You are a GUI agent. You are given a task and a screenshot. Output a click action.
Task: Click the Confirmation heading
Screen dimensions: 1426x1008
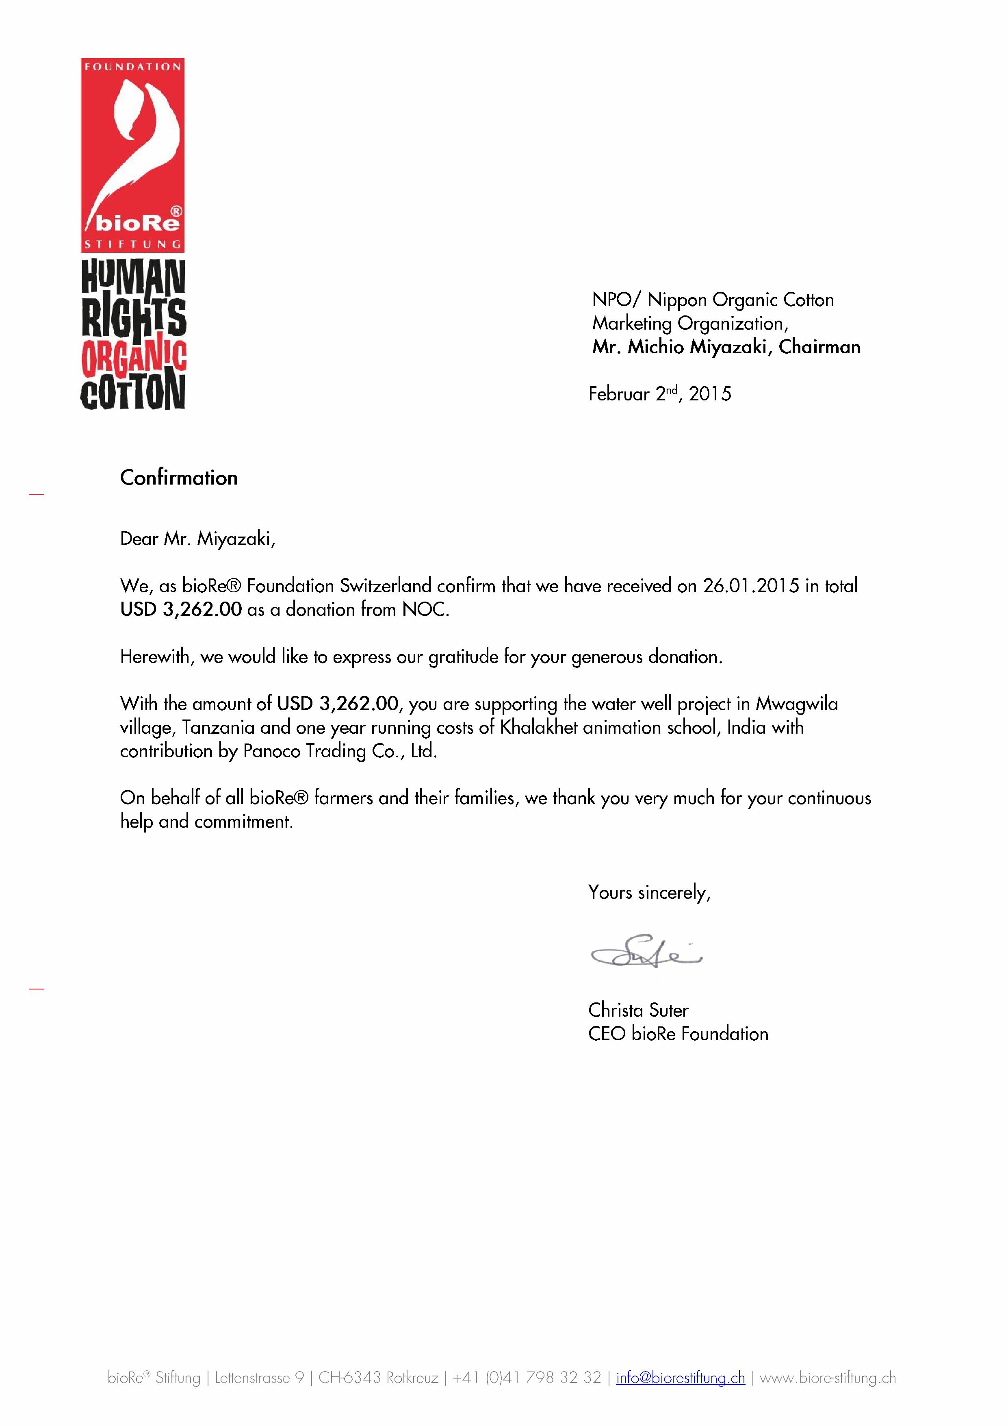[x=179, y=478]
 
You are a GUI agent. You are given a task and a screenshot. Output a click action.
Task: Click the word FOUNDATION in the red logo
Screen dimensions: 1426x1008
[x=133, y=66]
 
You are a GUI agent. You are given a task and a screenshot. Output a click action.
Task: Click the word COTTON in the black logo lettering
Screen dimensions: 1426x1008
[x=133, y=392]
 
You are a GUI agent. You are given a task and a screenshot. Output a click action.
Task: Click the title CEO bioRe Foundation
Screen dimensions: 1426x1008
[x=678, y=1033]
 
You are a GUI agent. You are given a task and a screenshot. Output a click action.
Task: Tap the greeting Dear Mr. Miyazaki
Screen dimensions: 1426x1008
[x=197, y=539]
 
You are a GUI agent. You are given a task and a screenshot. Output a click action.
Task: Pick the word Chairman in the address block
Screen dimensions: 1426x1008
[x=819, y=347]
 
